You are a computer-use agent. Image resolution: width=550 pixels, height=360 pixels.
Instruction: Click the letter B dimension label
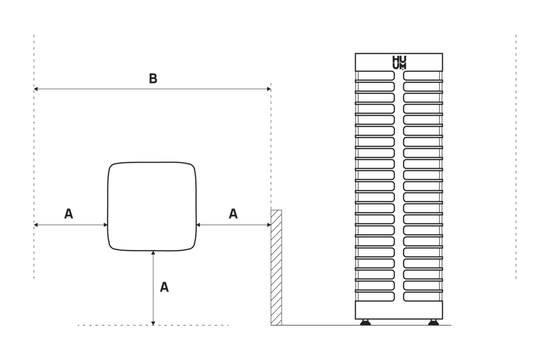click(153, 78)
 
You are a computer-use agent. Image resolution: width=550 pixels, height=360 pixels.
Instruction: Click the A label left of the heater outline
click(69, 213)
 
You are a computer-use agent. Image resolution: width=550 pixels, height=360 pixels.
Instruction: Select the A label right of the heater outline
click(233, 213)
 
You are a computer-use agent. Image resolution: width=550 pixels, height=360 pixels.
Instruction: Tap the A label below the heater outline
click(164, 287)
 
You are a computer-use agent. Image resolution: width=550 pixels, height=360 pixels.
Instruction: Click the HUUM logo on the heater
click(399, 62)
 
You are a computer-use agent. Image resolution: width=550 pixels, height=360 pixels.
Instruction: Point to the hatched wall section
click(276, 267)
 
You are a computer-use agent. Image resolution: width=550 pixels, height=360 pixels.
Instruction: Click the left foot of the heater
click(365, 322)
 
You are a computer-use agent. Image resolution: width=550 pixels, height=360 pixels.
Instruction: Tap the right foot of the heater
click(433, 322)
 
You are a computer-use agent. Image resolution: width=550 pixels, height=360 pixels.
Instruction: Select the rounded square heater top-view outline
click(108, 207)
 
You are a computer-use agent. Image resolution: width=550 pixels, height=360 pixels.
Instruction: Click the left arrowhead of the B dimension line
click(36, 89)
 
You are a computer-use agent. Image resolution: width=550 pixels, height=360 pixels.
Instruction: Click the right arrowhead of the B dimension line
click(268, 89)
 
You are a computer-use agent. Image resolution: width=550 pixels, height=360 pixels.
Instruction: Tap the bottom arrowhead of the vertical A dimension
click(153, 323)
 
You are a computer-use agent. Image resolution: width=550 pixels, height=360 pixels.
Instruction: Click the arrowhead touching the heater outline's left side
click(105, 225)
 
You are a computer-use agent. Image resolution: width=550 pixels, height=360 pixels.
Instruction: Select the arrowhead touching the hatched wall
click(268, 225)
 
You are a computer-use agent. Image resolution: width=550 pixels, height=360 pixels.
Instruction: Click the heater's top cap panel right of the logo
click(425, 62)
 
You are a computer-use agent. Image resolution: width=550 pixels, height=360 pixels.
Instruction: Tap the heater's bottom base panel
click(399, 310)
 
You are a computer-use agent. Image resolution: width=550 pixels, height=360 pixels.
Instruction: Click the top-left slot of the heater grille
click(375, 76)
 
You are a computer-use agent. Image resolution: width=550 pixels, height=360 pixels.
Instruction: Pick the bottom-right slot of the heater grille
click(422, 296)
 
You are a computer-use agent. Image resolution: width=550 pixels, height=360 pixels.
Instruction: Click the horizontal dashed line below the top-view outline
click(153, 325)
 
